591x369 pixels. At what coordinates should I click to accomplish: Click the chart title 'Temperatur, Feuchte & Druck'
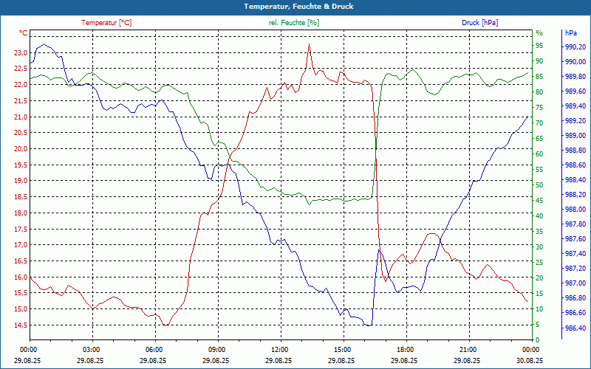(295, 7)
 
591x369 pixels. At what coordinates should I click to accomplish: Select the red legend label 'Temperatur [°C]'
(106, 23)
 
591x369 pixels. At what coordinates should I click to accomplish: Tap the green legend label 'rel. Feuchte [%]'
(294, 23)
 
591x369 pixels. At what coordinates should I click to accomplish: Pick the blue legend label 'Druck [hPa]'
(480, 23)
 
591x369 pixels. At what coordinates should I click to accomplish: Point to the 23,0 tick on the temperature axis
(19, 53)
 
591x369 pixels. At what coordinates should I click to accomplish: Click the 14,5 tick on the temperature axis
(19, 325)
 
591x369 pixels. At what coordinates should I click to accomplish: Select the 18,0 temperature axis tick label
(19, 213)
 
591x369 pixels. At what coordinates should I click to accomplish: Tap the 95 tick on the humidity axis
(539, 47)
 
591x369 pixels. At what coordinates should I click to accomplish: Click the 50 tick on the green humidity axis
(539, 185)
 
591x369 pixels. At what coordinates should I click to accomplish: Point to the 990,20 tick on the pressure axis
(575, 47)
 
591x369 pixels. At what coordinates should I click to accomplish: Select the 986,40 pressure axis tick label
(575, 328)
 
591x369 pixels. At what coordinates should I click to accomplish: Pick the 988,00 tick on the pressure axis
(575, 210)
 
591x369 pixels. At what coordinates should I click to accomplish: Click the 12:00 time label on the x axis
(280, 349)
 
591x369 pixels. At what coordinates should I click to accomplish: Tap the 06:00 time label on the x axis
(154, 349)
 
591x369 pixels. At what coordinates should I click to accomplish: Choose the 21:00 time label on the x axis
(468, 349)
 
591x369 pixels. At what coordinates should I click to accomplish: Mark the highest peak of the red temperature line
(309, 44)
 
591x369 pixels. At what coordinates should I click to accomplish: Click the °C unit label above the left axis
(23, 33)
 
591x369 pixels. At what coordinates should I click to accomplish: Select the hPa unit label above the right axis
(571, 33)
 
